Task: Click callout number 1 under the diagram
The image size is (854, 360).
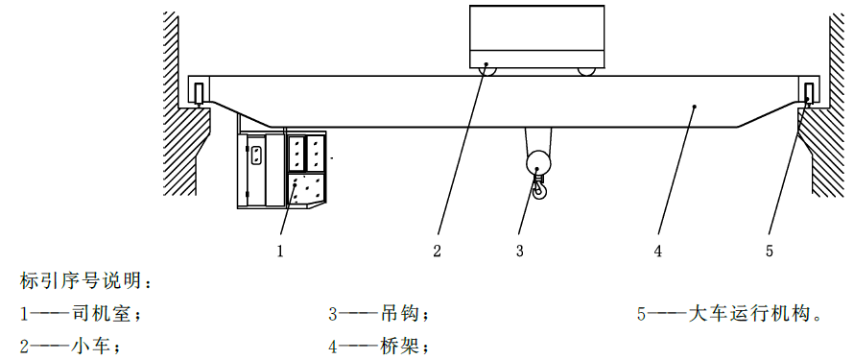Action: tap(280, 252)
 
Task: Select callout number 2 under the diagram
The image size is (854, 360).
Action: tap(437, 252)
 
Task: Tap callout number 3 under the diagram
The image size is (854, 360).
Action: tap(519, 252)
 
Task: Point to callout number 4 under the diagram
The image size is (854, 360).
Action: tap(658, 252)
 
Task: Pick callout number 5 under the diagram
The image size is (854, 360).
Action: tap(769, 252)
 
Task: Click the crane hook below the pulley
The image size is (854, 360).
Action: tap(538, 188)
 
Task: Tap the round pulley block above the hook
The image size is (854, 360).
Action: tap(538, 163)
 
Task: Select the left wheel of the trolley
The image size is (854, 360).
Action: tap(486, 68)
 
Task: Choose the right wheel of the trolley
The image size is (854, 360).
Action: tap(586, 69)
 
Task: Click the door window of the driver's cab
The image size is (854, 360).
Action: tap(257, 155)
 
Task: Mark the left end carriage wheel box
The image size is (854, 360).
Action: tap(200, 92)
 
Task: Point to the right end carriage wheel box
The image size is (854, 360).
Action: tap(809, 92)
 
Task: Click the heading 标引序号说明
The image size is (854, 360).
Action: tap(79, 281)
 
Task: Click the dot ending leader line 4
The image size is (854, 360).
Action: tap(695, 107)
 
